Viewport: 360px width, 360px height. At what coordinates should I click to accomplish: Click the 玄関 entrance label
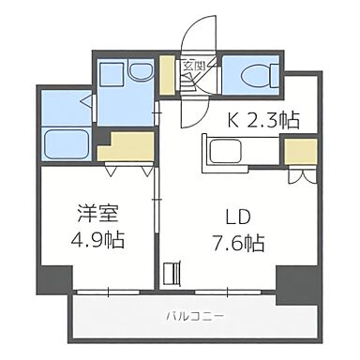coord(194,66)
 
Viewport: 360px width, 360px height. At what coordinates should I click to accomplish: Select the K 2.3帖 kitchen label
coord(264,119)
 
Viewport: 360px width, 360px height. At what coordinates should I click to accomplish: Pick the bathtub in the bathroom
coord(65,146)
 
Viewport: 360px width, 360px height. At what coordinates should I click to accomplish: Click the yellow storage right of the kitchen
coord(299,150)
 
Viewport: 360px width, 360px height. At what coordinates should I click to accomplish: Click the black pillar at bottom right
coord(292,280)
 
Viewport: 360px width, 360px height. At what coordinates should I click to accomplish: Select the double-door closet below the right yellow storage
coord(299,174)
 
